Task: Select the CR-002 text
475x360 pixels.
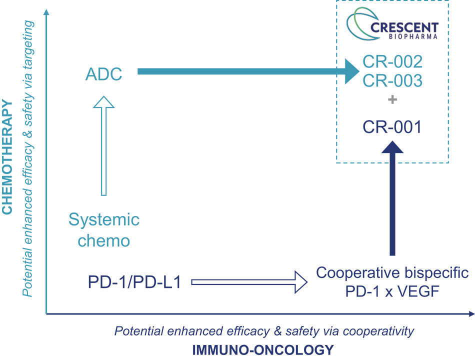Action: click(x=392, y=62)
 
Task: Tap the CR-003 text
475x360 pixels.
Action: click(x=392, y=80)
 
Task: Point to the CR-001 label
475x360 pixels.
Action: click(x=392, y=127)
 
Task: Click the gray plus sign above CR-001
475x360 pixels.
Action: click(x=392, y=100)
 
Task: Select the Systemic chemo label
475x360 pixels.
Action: click(x=104, y=230)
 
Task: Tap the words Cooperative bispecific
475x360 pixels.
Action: click(x=392, y=273)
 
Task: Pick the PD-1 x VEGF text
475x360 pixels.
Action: click(x=392, y=291)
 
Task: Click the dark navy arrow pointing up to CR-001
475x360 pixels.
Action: click(x=392, y=200)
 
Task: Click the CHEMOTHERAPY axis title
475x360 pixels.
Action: click(x=7, y=157)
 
